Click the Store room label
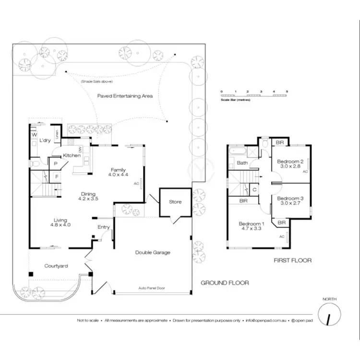175,202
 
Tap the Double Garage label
153,252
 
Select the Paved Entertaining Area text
125,96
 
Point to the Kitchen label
72,156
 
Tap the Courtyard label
56,266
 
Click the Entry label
104,227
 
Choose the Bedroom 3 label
290,198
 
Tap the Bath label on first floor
242,163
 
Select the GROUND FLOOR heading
225,283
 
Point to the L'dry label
45,140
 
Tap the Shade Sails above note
96,82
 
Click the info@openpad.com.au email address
265,320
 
